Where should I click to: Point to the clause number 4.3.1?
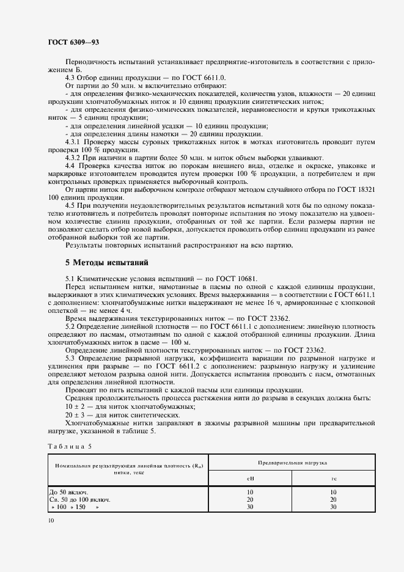74,142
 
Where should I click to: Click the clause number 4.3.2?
74,157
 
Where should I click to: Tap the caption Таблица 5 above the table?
68,446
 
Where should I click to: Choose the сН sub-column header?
250,479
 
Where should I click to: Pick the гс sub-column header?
334,479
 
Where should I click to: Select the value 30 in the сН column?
250,507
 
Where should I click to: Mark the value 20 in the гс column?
334,499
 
